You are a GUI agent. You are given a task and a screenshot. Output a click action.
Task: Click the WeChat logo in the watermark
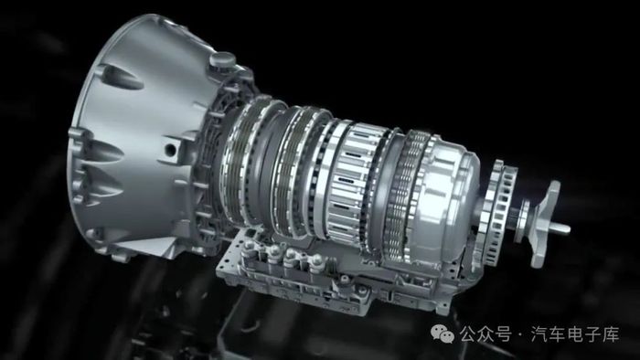[x=443, y=334]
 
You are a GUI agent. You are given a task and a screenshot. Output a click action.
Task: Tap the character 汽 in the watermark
[x=539, y=334]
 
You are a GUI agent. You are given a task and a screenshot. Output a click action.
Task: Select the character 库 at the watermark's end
[x=611, y=334]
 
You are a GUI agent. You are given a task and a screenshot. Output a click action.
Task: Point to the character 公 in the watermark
[x=468, y=334]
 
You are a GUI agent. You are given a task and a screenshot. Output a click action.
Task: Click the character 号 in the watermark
[x=503, y=334]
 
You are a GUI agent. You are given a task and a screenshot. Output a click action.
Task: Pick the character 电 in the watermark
[x=575, y=334]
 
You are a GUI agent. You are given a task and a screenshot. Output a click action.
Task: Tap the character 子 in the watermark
[x=593, y=334]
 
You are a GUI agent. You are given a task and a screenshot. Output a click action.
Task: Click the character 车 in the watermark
[x=558, y=334]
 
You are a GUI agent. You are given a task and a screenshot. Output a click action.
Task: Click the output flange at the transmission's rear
[x=545, y=224]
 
